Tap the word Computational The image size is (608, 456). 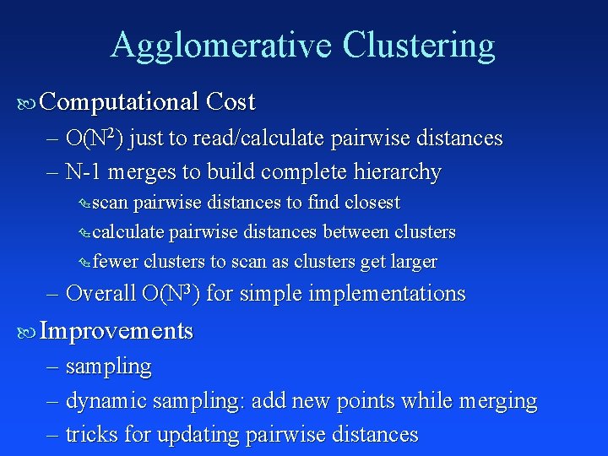118,102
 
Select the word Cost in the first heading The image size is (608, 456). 230,102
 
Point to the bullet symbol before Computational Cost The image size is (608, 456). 26,104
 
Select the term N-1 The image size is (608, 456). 80,172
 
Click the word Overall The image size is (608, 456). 100,294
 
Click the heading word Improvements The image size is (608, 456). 117,331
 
